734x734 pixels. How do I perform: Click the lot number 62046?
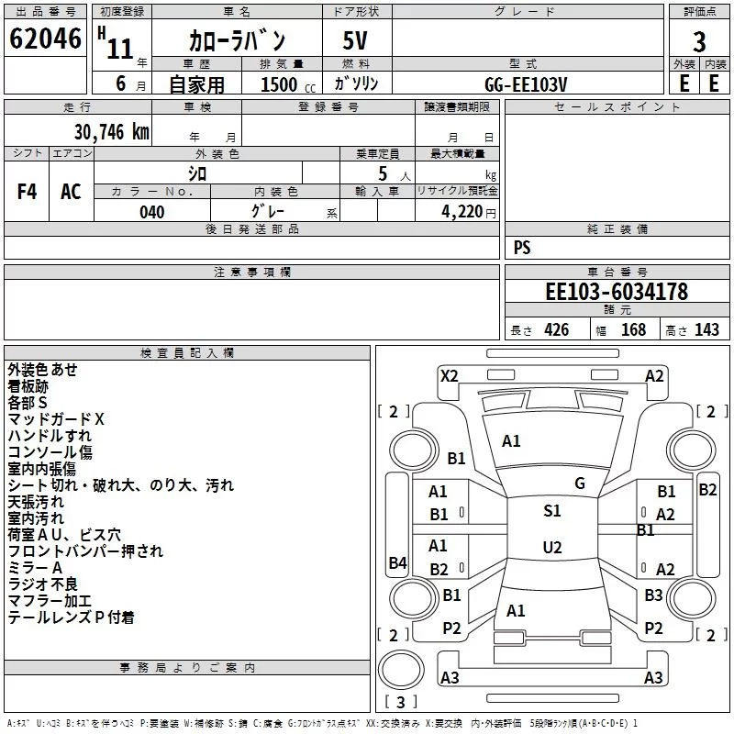[45, 39]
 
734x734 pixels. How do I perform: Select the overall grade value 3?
[699, 42]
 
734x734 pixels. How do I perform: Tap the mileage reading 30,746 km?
[111, 132]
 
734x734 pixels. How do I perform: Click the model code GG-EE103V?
[526, 84]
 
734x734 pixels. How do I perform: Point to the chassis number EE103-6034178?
[617, 292]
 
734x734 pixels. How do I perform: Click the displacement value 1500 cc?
[288, 84]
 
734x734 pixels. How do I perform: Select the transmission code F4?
[27, 192]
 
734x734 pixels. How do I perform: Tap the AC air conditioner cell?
[72, 192]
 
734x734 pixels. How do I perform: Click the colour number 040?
[152, 212]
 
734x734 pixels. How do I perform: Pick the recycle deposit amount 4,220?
[462, 212]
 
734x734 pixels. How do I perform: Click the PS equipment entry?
[522, 247]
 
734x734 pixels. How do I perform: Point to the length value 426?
[557, 329]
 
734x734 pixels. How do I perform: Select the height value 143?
[706, 329]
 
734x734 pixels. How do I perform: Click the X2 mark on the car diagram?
[450, 376]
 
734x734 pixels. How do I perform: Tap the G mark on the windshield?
[580, 484]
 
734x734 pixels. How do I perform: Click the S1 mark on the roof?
[552, 511]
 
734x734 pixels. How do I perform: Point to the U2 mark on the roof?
[552, 547]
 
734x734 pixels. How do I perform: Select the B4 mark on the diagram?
[398, 562]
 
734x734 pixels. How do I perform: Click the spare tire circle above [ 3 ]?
[401, 670]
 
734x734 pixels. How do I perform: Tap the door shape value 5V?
[355, 40]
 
